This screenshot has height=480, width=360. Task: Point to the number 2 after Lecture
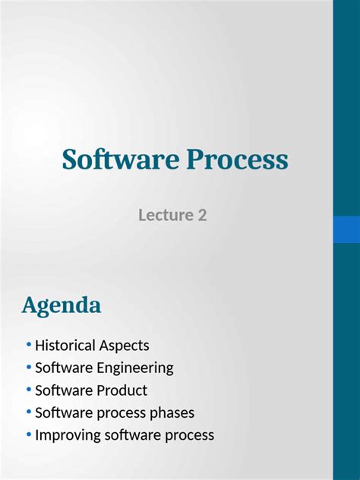click(202, 215)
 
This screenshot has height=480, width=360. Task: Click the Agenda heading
click(61, 306)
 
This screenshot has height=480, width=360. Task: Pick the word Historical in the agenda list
click(65, 346)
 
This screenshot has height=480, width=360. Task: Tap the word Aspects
click(124, 346)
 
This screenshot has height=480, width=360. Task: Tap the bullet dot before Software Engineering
click(29, 368)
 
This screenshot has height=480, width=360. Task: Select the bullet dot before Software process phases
click(29, 412)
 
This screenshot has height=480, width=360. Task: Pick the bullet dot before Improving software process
click(29, 435)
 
